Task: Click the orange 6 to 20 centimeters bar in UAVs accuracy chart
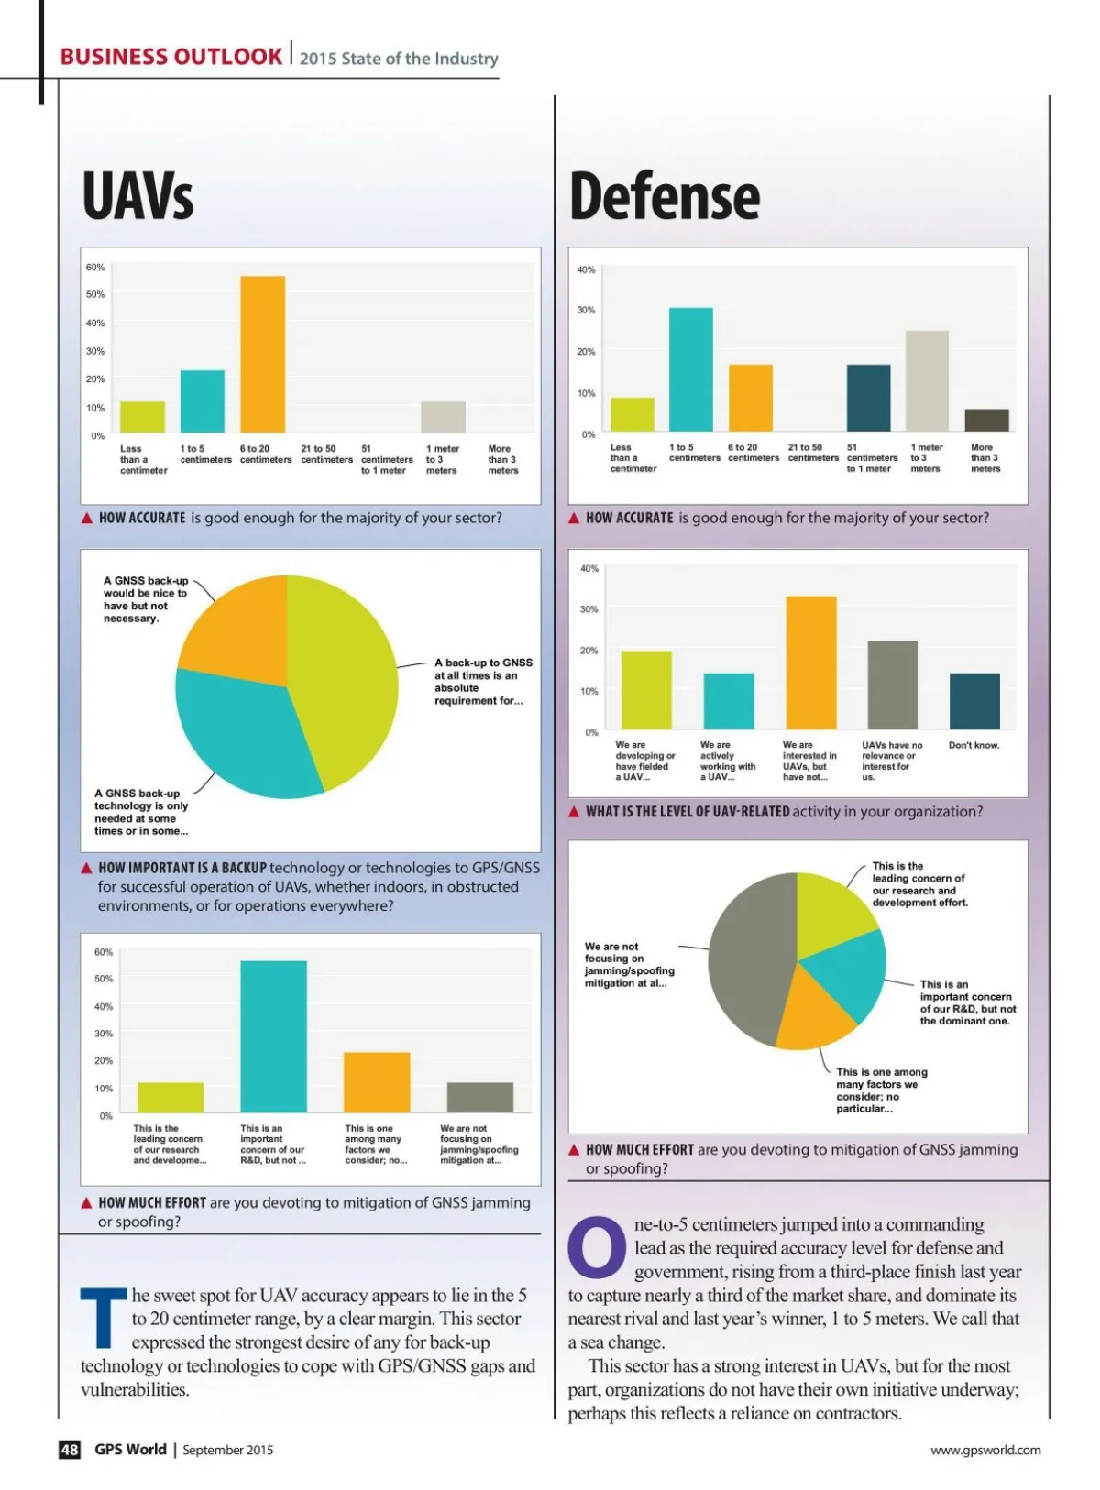(x=262, y=354)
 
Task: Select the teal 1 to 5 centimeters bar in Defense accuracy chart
(x=690, y=369)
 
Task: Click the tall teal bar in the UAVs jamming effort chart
(x=273, y=1036)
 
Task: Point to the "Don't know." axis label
(x=973, y=745)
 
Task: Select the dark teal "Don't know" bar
(x=974, y=701)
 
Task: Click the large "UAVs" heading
(x=137, y=195)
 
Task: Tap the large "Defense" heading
(x=665, y=195)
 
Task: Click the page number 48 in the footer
(x=70, y=1449)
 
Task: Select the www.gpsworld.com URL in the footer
(x=985, y=1450)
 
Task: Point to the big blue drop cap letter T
(x=104, y=1317)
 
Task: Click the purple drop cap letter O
(x=597, y=1247)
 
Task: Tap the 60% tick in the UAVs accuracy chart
(x=95, y=268)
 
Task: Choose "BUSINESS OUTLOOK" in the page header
(x=171, y=57)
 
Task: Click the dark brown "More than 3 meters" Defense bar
(x=986, y=420)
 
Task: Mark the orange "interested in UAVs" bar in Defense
(x=810, y=663)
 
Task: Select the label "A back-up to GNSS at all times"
(x=482, y=681)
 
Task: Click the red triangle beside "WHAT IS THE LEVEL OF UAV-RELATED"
(x=574, y=812)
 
